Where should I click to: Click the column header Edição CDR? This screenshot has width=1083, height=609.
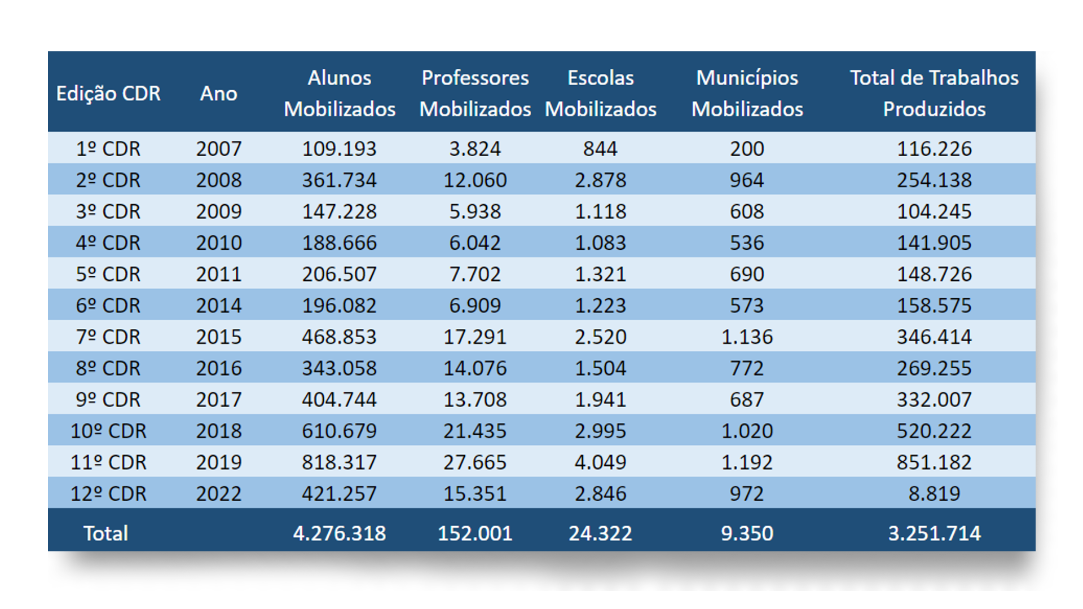click(108, 93)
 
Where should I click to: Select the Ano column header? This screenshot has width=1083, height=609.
click(219, 93)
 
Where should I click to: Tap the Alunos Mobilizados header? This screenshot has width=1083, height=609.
click(340, 93)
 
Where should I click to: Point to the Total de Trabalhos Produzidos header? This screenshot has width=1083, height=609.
click(934, 93)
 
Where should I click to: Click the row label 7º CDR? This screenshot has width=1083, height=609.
click(108, 337)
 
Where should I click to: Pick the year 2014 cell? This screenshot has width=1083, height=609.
click(219, 306)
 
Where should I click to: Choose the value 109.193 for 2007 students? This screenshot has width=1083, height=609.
click(339, 149)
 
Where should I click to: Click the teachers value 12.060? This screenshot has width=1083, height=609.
click(475, 180)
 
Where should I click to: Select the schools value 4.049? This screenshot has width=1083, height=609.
click(600, 462)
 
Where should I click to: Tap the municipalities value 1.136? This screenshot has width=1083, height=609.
click(747, 337)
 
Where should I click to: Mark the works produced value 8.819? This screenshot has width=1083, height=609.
click(934, 493)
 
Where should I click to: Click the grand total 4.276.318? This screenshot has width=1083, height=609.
click(339, 533)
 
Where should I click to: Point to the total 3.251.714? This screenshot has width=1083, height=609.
click(934, 533)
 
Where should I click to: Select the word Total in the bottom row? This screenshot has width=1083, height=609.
click(106, 533)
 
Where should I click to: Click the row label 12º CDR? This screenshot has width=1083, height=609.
click(108, 493)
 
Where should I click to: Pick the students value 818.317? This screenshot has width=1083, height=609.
click(339, 462)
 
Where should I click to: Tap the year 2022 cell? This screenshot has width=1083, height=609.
click(219, 493)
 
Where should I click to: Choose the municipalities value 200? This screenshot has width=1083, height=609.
click(747, 149)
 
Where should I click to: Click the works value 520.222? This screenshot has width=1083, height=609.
click(934, 431)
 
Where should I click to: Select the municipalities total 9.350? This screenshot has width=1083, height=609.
click(747, 533)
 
